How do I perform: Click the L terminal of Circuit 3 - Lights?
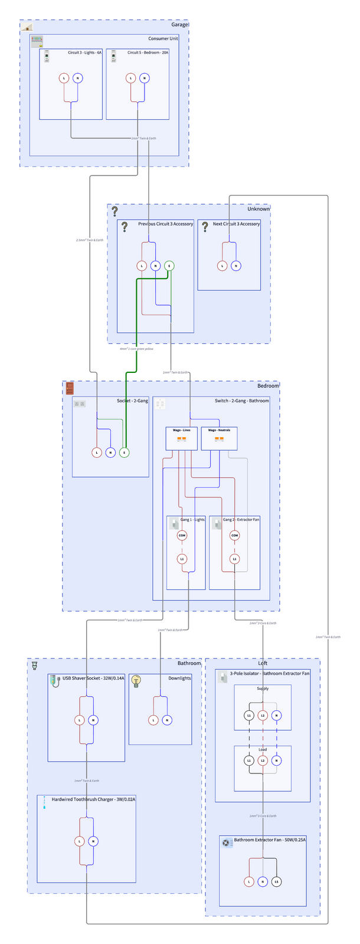click(x=64, y=78)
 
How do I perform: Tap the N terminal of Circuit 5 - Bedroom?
click(x=145, y=78)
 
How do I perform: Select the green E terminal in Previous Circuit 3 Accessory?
click(x=169, y=266)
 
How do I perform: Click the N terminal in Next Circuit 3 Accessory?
click(x=236, y=266)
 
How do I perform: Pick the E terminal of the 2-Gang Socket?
click(x=124, y=453)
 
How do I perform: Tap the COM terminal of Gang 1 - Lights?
click(x=182, y=536)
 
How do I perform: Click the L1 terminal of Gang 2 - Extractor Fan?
click(x=235, y=559)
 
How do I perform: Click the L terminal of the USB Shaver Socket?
click(x=79, y=720)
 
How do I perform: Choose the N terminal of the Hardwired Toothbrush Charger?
click(x=93, y=841)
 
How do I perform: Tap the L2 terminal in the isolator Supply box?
click(x=263, y=716)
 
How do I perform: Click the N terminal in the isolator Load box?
click(x=277, y=761)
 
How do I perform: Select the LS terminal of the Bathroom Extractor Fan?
click(x=276, y=882)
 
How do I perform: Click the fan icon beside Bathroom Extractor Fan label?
click(x=227, y=843)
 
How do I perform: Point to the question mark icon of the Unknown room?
click(x=114, y=211)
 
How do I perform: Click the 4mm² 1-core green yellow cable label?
click(x=136, y=349)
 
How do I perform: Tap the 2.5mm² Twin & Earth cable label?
click(x=90, y=240)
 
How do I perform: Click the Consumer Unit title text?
click(x=163, y=38)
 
